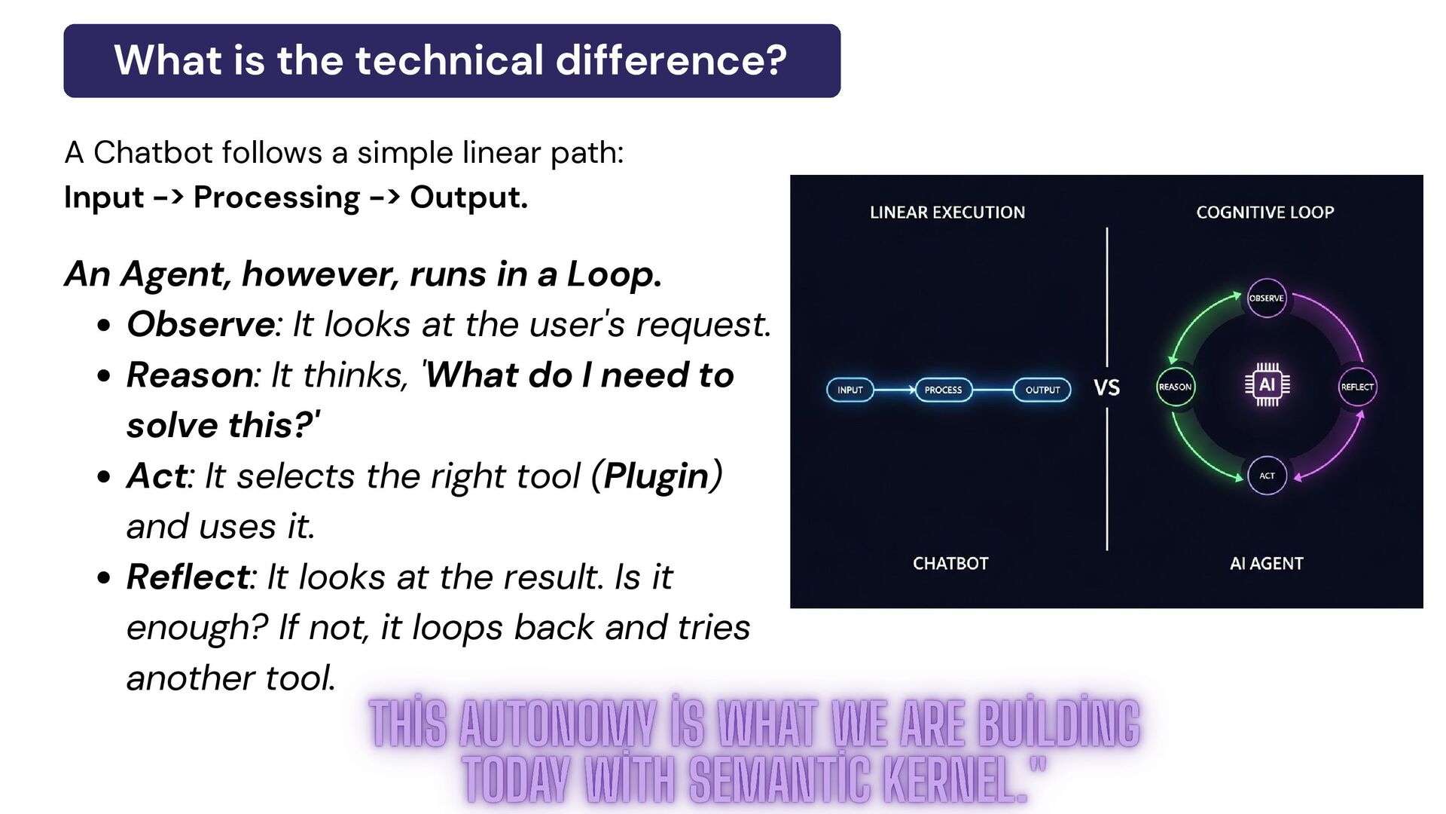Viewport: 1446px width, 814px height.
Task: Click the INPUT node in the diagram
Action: click(850, 390)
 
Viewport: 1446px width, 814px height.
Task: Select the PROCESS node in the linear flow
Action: click(943, 390)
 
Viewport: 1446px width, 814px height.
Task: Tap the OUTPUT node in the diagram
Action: click(1042, 390)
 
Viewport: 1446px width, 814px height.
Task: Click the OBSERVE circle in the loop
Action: click(1266, 298)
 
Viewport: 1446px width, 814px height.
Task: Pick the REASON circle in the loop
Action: click(1175, 387)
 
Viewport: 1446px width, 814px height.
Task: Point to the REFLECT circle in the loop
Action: click(1357, 387)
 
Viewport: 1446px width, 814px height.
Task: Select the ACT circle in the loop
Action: click(1267, 476)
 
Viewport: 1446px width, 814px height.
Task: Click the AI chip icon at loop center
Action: click(1267, 384)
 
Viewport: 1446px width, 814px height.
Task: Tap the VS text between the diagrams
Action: click(1106, 388)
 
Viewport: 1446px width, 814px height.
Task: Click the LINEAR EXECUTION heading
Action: click(947, 213)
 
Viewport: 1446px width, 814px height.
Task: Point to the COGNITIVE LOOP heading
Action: click(1264, 213)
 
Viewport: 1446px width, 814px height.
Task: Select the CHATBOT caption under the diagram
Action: click(950, 564)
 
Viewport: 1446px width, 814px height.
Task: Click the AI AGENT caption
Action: click(1266, 564)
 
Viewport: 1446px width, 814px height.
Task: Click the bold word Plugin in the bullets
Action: click(656, 476)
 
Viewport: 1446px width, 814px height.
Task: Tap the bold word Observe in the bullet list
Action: click(200, 325)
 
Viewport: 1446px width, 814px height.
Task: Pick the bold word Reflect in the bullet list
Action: click(188, 577)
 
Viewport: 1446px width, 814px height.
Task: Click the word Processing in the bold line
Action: click(276, 197)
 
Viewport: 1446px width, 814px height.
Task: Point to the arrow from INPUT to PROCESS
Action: click(895, 390)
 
